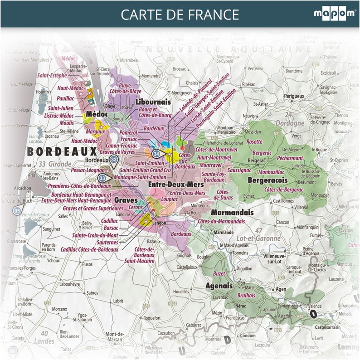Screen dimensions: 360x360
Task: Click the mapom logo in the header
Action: click(334, 14)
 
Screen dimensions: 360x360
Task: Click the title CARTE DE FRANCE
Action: click(180, 15)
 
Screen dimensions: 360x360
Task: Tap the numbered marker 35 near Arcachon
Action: click(17, 210)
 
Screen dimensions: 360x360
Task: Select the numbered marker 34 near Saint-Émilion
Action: click(156, 154)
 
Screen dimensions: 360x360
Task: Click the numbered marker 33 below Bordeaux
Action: click(102, 178)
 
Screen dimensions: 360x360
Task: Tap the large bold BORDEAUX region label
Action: click(62, 151)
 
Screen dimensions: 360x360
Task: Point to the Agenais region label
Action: click(219, 286)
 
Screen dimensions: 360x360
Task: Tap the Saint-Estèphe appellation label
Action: click(52, 75)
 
